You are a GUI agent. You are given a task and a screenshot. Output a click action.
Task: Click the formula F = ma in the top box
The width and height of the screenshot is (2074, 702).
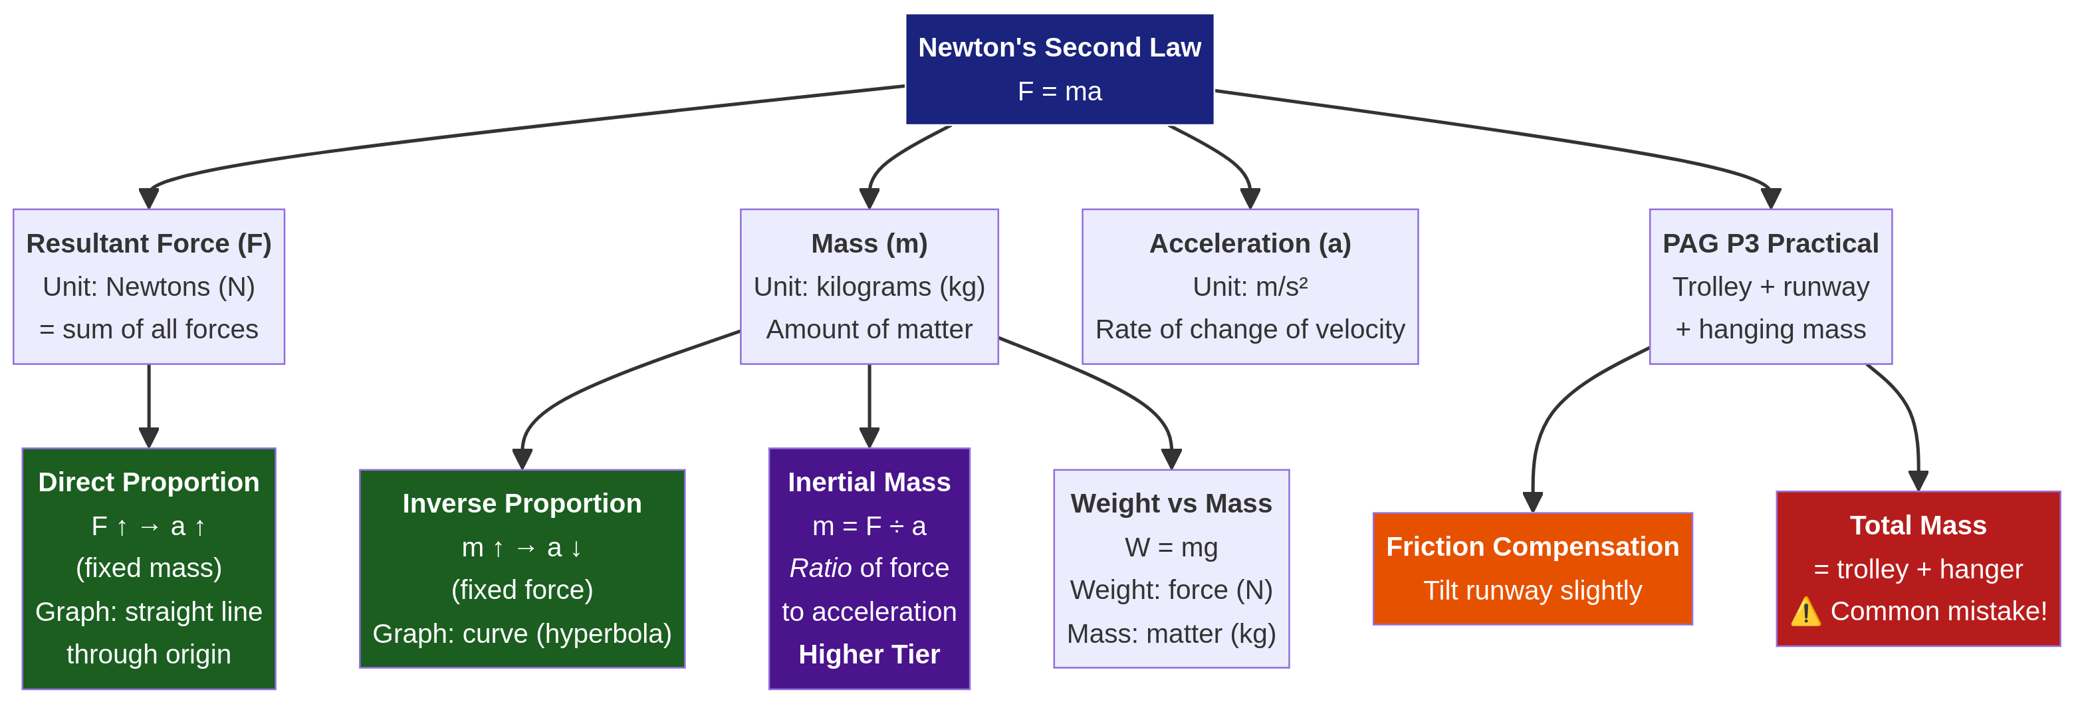tap(1059, 91)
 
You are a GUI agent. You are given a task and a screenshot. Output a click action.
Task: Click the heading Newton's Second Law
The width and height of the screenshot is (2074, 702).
tap(1059, 47)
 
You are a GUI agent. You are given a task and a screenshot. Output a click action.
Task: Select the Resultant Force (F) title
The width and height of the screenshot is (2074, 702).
tap(149, 243)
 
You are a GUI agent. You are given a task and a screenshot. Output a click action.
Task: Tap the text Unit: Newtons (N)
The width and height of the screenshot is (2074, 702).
tap(149, 287)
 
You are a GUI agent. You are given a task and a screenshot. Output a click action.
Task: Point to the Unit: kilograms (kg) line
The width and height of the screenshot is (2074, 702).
tap(869, 287)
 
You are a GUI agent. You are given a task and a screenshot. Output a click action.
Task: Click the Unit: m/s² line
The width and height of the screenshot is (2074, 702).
tap(1250, 287)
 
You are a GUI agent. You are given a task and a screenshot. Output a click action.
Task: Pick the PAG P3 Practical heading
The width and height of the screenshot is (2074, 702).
tap(1770, 243)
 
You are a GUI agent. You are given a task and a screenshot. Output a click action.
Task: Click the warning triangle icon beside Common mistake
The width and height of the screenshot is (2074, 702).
tap(1806, 612)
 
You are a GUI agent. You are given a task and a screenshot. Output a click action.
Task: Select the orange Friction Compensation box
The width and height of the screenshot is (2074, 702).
tap(1532, 568)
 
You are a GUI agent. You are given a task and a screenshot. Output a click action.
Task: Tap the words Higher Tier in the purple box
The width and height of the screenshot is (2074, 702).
tap(869, 653)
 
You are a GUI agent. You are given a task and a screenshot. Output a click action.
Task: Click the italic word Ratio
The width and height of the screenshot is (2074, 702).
tap(820, 568)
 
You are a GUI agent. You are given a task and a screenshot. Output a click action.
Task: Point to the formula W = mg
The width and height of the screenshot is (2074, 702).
tap(1171, 547)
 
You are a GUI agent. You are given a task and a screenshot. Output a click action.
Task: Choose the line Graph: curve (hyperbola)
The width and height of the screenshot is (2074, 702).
tap(522, 634)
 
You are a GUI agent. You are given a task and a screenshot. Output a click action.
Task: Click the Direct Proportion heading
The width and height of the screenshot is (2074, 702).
tap(149, 481)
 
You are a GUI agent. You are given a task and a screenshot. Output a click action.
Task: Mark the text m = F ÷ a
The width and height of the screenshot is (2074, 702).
tap(869, 526)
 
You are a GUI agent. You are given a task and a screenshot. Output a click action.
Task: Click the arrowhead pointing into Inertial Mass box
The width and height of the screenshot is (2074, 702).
tap(869, 437)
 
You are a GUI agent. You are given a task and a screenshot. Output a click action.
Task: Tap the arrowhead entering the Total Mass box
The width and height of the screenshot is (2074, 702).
tap(1918, 481)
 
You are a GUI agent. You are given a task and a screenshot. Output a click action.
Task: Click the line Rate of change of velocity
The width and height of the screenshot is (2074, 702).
tap(1250, 329)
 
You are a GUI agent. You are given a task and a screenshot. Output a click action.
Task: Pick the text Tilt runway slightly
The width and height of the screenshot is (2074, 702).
tap(1532, 590)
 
